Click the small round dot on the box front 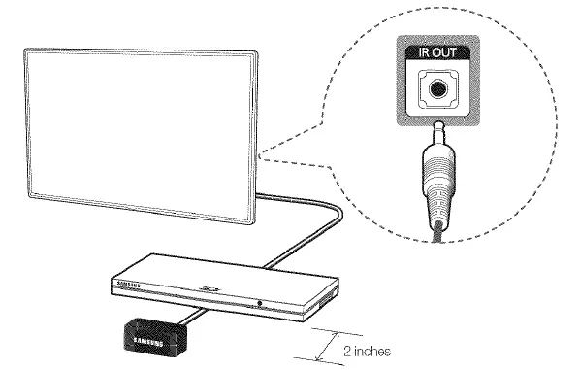point(260,301)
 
